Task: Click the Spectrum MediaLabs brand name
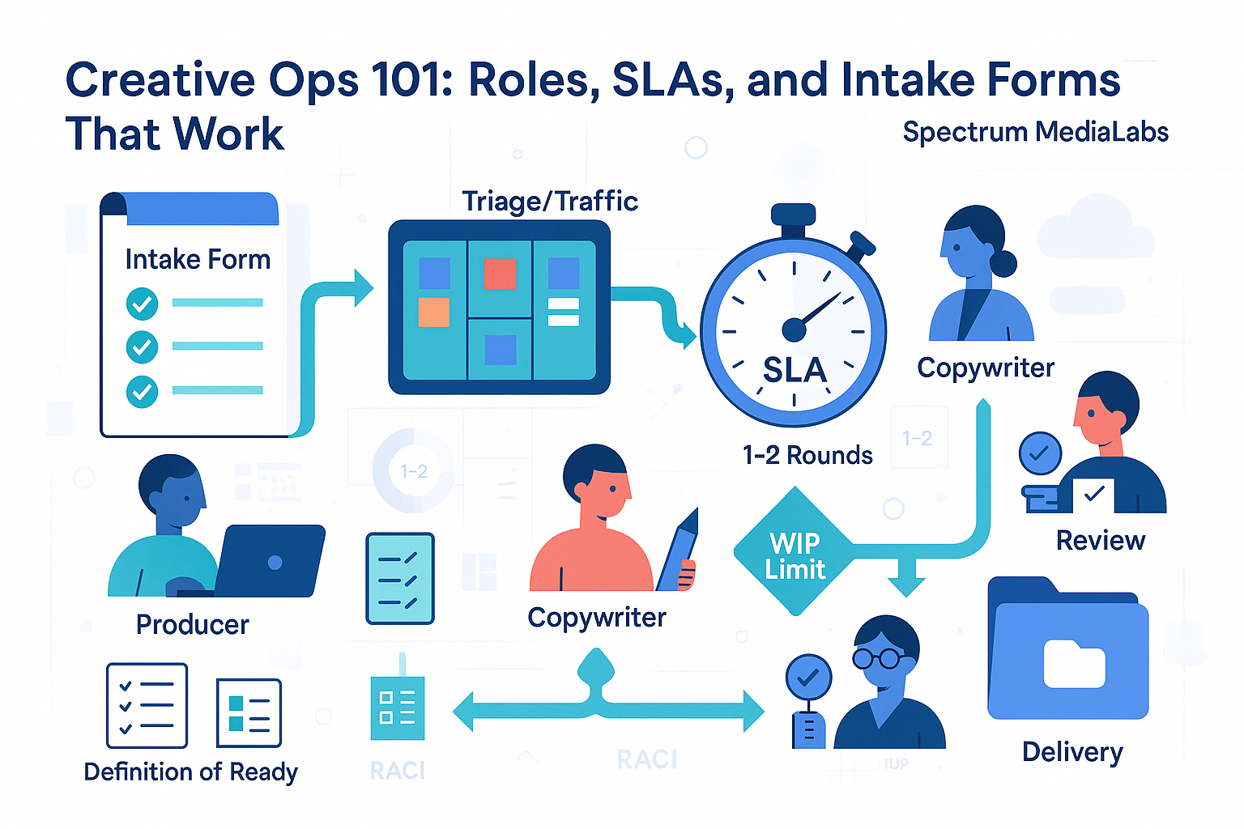point(1035,132)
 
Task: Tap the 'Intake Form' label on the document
point(198,259)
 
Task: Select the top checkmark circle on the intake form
point(142,304)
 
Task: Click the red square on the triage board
point(500,274)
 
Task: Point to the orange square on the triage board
point(433,312)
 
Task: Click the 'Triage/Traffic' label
point(549,201)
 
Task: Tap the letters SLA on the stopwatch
point(795,370)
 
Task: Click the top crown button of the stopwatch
point(793,215)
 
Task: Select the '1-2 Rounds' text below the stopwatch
point(807,455)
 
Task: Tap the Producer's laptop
point(271,560)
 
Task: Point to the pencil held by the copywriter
point(679,551)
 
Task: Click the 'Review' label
point(1100,540)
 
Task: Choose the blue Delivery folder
point(1068,652)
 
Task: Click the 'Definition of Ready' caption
point(190,772)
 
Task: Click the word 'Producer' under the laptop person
point(192,624)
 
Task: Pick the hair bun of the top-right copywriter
point(1003,263)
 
